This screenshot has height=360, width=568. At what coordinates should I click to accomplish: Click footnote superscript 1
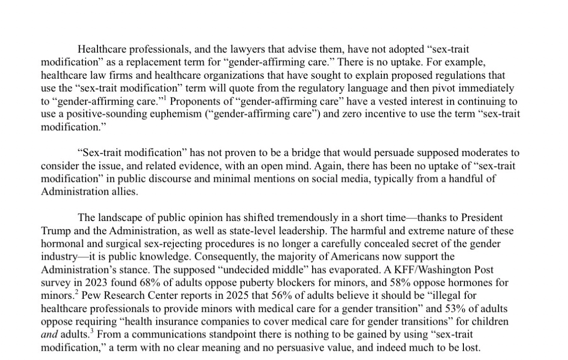coord(171,98)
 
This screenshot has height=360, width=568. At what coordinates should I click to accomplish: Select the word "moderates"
coord(490,153)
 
